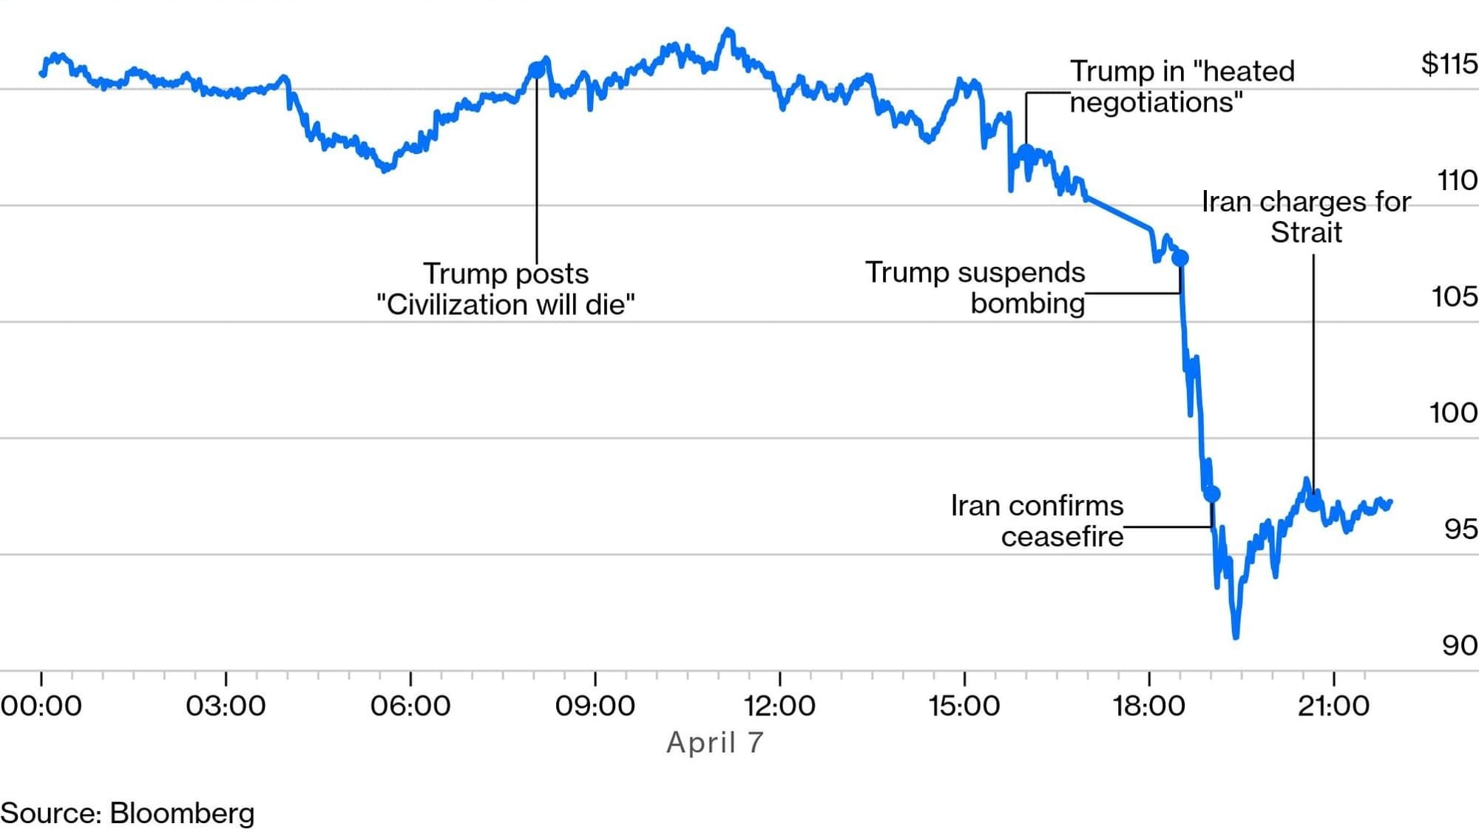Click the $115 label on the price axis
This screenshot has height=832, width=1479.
tap(1449, 64)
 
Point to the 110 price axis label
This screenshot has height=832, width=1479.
tap(1456, 180)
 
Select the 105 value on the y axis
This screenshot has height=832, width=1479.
tap(1454, 297)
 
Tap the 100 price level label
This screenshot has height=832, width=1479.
tap(1453, 413)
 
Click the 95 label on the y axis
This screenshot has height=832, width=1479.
tap(1460, 530)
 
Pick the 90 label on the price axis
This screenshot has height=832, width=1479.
tap(1459, 646)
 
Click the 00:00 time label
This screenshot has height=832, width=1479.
tap(41, 706)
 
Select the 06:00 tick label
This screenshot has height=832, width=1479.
tap(410, 706)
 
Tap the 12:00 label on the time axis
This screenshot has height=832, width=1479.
tap(779, 706)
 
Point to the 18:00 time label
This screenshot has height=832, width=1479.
tap(1148, 706)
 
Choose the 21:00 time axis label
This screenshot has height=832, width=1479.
tap(1333, 706)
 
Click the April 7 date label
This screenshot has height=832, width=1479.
tap(714, 743)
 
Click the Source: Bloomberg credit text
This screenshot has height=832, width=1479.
tap(127, 813)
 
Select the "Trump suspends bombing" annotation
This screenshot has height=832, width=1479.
tap(975, 288)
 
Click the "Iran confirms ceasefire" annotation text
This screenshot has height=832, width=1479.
tap(1038, 521)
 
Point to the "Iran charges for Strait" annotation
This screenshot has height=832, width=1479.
tap(1306, 217)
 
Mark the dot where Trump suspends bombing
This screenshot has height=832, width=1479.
tap(1180, 258)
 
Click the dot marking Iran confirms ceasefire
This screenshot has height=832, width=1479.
tap(1212, 494)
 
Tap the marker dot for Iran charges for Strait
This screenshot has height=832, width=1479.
tap(1313, 504)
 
